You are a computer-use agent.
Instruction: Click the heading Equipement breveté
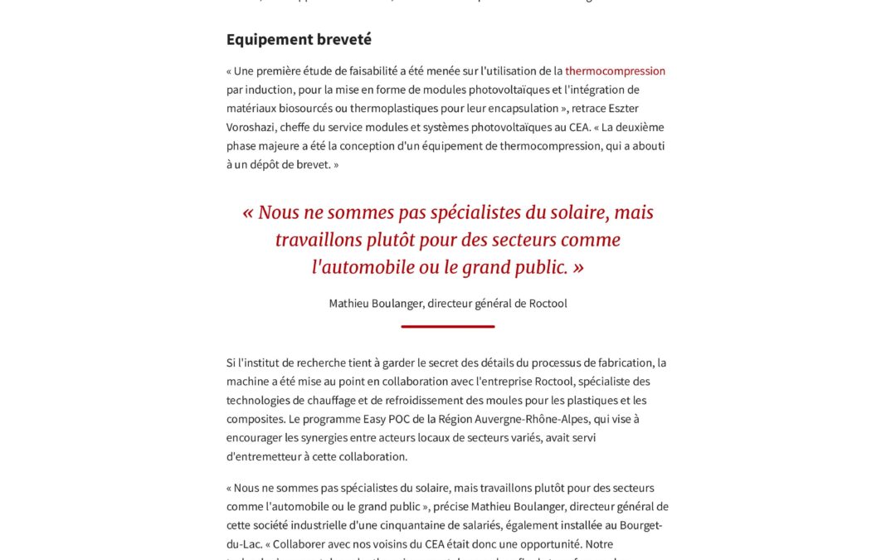[x=299, y=39]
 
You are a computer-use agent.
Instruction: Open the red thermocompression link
[x=615, y=71]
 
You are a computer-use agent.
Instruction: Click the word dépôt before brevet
[x=256, y=164]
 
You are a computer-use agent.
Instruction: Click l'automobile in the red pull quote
[x=366, y=267]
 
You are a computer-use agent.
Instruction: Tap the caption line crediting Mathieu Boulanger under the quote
[x=448, y=303]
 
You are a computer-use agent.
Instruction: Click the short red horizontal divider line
[x=448, y=326]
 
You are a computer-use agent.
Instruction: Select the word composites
[x=256, y=419]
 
